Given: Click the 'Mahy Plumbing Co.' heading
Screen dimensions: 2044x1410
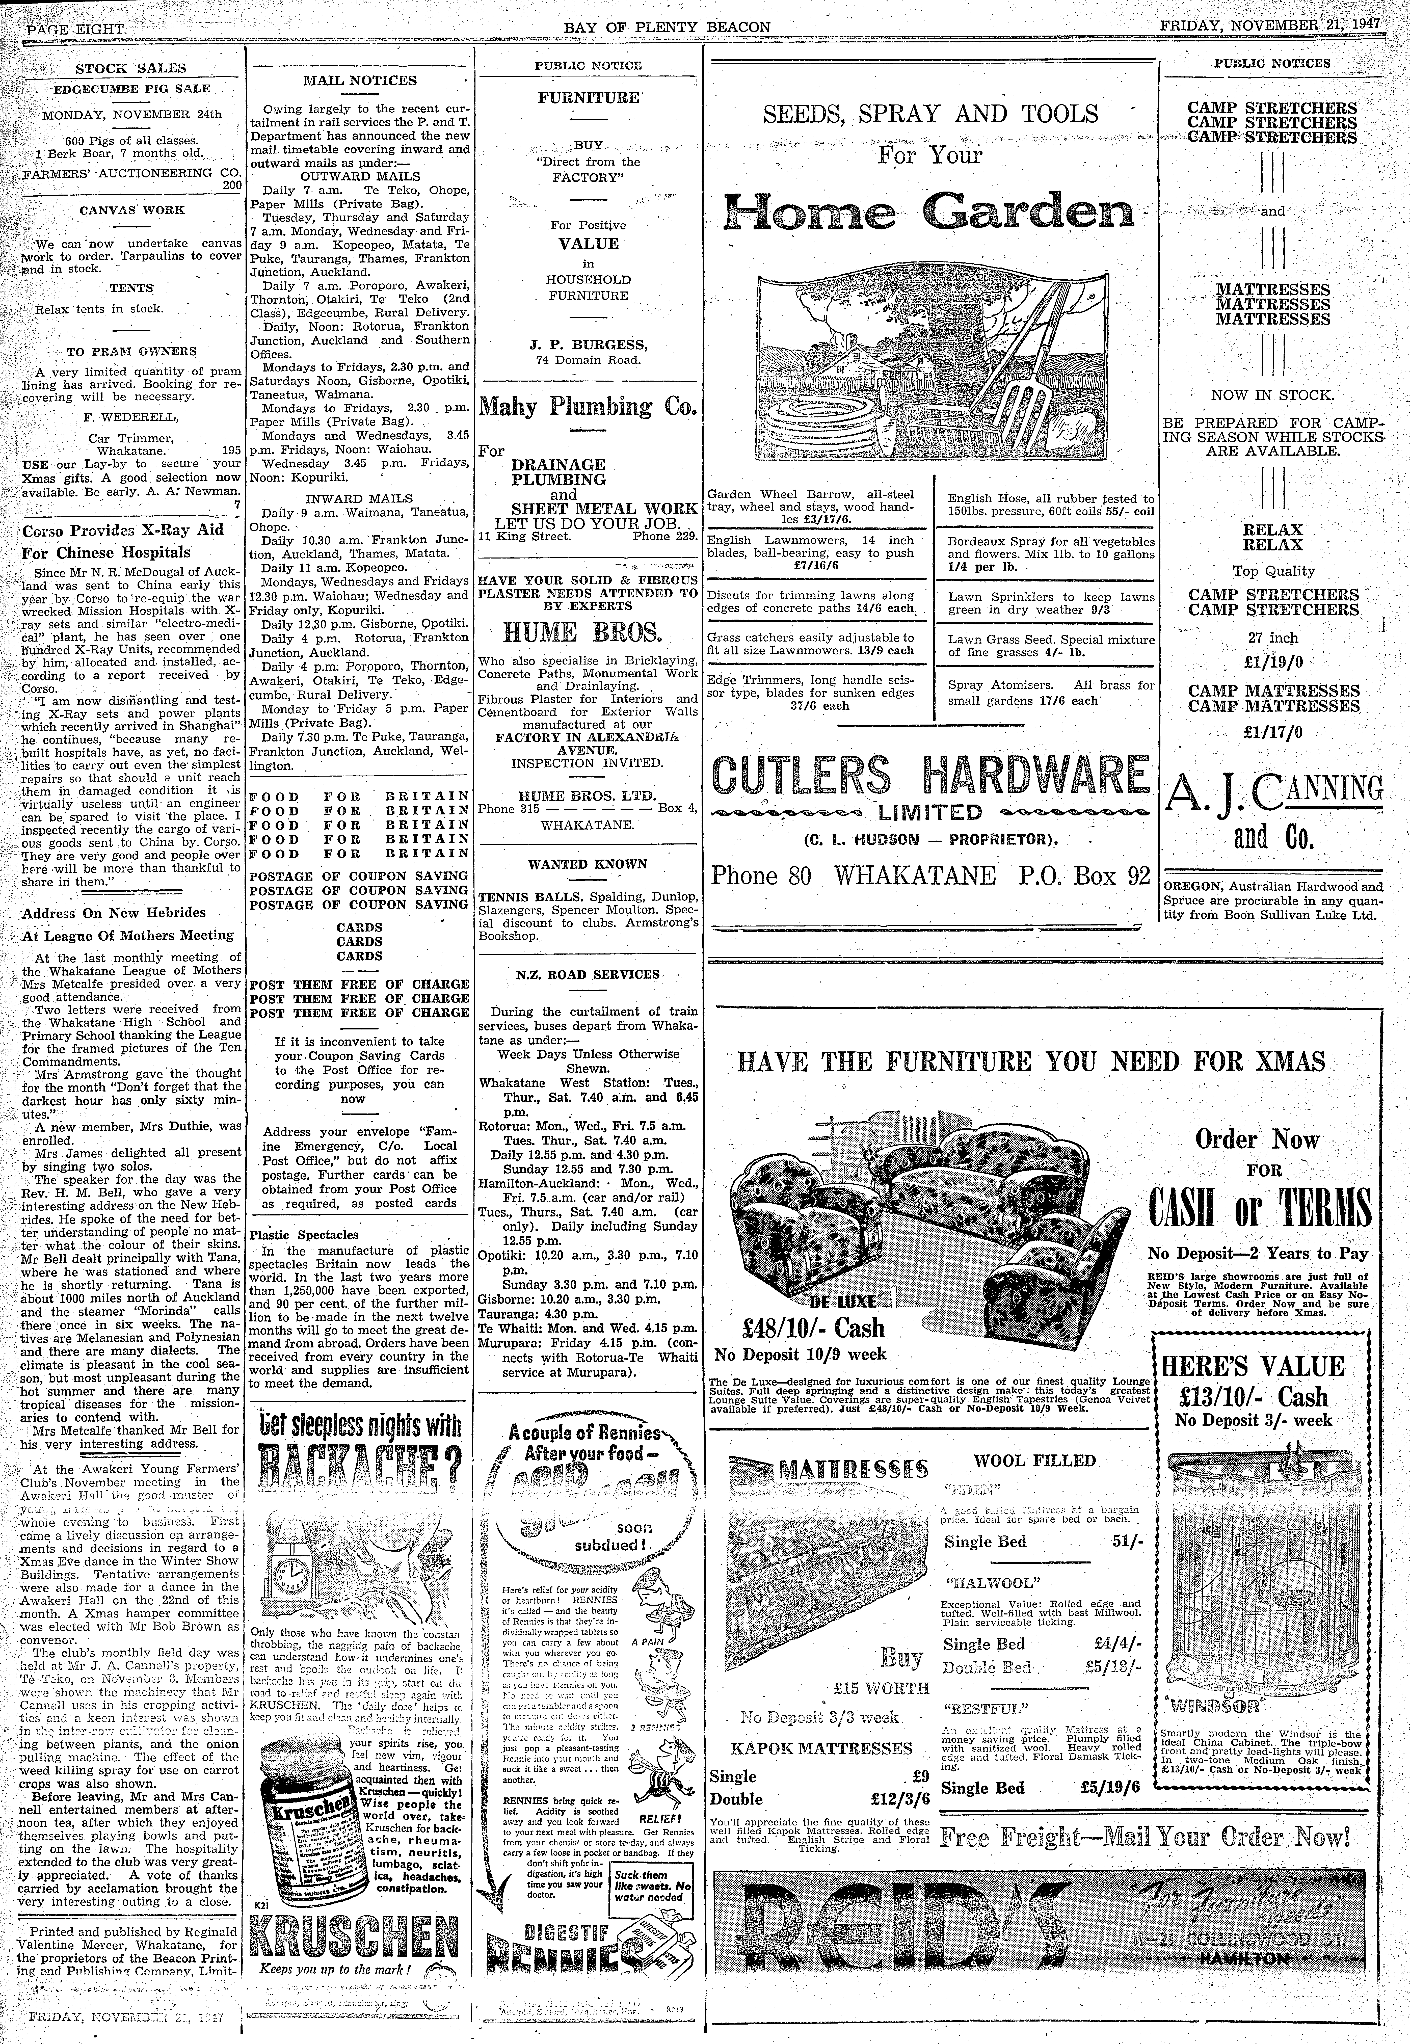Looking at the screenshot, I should [x=588, y=407].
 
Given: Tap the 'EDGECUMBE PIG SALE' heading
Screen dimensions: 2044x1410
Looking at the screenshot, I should [x=132, y=88].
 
